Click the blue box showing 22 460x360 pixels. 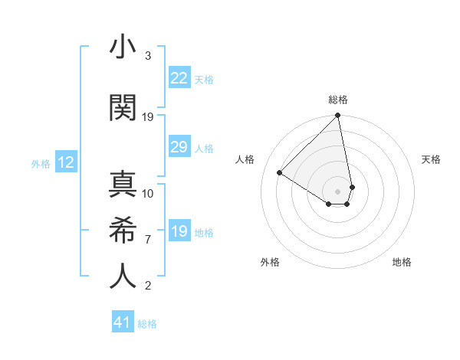(x=179, y=78)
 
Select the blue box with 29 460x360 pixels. (x=179, y=147)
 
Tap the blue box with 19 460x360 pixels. (x=179, y=231)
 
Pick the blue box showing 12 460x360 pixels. (x=65, y=162)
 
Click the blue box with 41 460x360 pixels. (x=123, y=322)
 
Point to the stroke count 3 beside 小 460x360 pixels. (x=148, y=57)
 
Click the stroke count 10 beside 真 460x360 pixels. (x=148, y=194)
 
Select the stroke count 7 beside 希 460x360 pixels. (x=148, y=240)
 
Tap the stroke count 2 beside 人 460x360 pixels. (x=148, y=286)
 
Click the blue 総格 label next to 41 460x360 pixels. (x=147, y=324)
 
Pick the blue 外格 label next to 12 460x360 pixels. (x=40, y=163)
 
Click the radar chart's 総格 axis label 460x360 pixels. (x=338, y=100)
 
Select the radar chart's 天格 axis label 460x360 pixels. (x=432, y=159)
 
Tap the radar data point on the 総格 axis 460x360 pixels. (x=337, y=116)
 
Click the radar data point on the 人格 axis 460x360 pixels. (x=280, y=172)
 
